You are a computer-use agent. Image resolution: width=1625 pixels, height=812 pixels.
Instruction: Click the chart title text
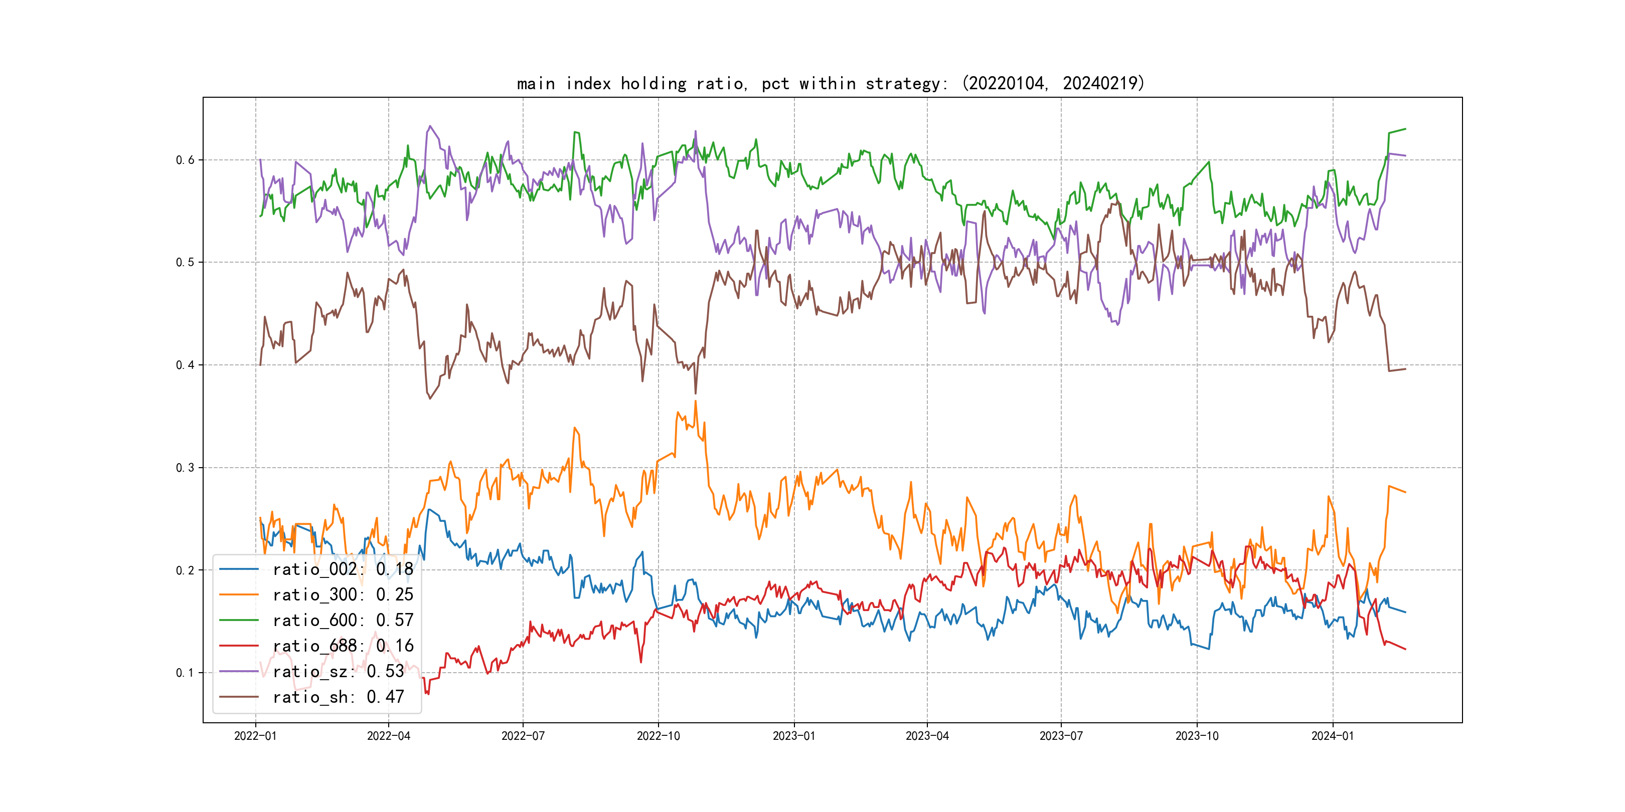pos(830,83)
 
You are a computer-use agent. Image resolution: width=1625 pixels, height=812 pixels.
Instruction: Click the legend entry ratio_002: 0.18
pos(343,569)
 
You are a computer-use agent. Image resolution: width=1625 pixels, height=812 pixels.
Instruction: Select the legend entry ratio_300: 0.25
pos(343,594)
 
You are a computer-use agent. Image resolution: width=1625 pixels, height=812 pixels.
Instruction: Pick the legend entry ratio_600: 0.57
pos(343,621)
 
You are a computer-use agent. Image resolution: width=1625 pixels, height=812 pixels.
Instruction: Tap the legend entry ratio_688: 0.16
pos(343,646)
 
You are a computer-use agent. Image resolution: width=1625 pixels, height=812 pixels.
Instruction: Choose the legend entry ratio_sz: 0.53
pos(338,672)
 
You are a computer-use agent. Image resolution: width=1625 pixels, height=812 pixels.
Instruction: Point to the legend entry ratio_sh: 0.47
pos(338,697)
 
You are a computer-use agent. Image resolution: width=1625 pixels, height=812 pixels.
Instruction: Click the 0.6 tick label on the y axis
pos(185,160)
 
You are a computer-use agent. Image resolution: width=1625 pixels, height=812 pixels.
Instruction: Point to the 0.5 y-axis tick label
pos(185,262)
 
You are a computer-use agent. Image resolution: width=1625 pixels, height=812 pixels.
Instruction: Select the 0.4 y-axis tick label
pos(185,365)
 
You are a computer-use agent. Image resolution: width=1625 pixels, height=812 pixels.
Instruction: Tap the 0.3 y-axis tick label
pos(185,468)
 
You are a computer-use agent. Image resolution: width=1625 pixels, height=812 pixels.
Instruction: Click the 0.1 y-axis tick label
pos(185,673)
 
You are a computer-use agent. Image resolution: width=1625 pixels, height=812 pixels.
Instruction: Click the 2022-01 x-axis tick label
pos(255,736)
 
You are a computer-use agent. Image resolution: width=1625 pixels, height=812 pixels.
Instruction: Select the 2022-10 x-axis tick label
pos(658,736)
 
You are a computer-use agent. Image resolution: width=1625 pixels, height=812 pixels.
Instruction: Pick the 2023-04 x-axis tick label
pos(927,736)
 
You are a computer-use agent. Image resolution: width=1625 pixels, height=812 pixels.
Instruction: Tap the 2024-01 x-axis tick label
pos(1332,736)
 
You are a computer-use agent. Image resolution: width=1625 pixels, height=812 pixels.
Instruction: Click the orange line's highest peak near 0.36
pos(696,401)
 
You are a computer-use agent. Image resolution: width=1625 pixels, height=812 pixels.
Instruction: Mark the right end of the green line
pos(1405,129)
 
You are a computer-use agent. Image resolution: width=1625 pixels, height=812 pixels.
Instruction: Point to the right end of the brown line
pos(1405,369)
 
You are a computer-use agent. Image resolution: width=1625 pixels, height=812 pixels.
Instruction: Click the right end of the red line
pos(1405,649)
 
